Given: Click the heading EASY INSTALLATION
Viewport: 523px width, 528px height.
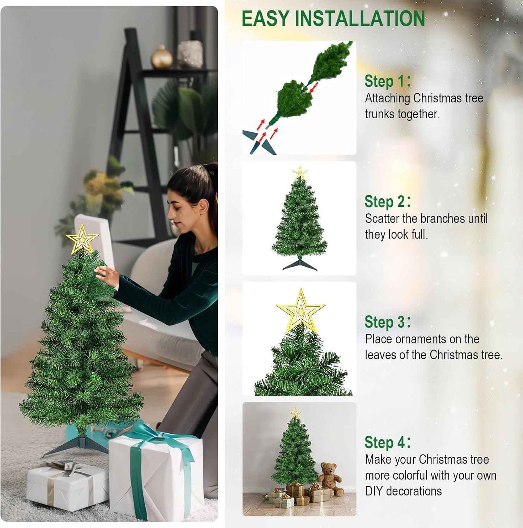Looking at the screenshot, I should (333, 19).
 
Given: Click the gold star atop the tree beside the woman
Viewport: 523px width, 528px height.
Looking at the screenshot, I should (82, 239).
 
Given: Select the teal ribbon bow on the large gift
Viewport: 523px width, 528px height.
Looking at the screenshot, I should (156, 434).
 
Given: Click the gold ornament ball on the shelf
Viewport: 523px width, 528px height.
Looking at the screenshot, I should (161, 57).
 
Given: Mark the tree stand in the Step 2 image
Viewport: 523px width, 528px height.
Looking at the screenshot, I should (300, 265).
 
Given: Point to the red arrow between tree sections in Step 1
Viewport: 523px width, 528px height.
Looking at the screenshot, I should (314, 87).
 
